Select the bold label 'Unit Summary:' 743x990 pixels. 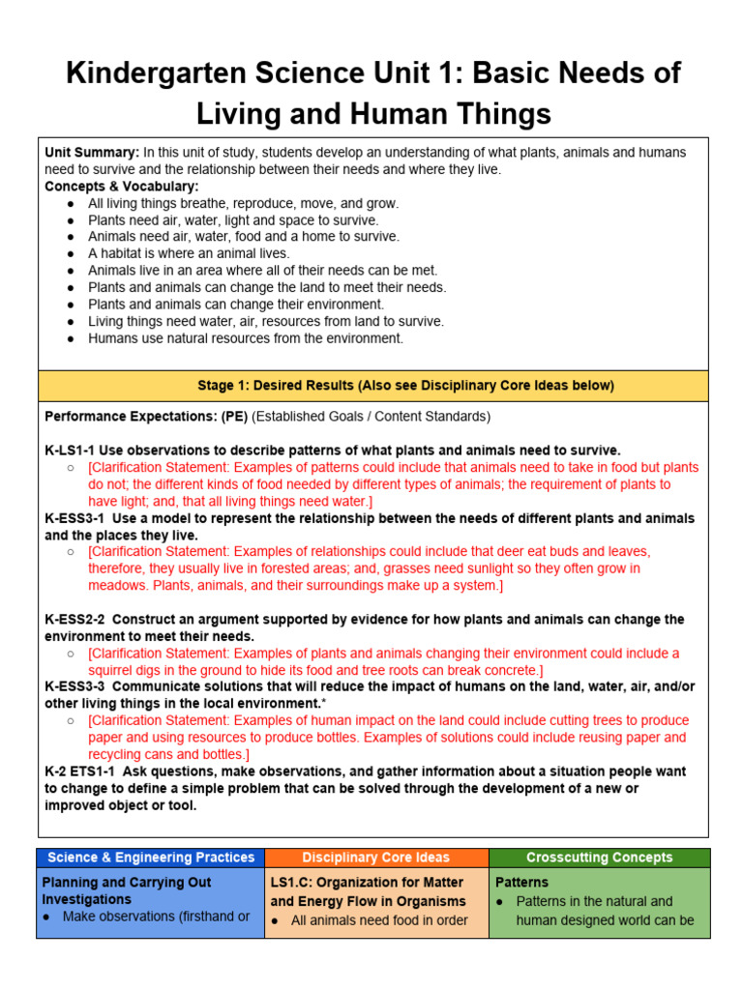pyautogui.click(x=91, y=153)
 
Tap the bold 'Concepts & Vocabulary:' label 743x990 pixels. pyautogui.click(x=121, y=187)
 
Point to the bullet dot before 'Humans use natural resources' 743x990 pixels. pyautogui.click(x=71, y=339)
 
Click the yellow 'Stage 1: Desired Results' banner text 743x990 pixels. pyautogui.click(x=405, y=386)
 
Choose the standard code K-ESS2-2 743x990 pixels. pyautogui.click(x=76, y=619)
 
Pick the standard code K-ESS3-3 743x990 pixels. pyautogui.click(x=76, y=686)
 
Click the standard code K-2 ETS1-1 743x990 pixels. pyautogui.click(x=80, y=772)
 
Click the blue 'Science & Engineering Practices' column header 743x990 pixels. pyautogui.click(x=151, y=858)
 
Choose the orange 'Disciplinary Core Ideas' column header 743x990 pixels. pyautogui.click(x=375, y=858)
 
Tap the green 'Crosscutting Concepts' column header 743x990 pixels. pyautogui.click(x=599, y=858)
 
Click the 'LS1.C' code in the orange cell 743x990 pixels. pyautogui.click(x=291, y=883)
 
